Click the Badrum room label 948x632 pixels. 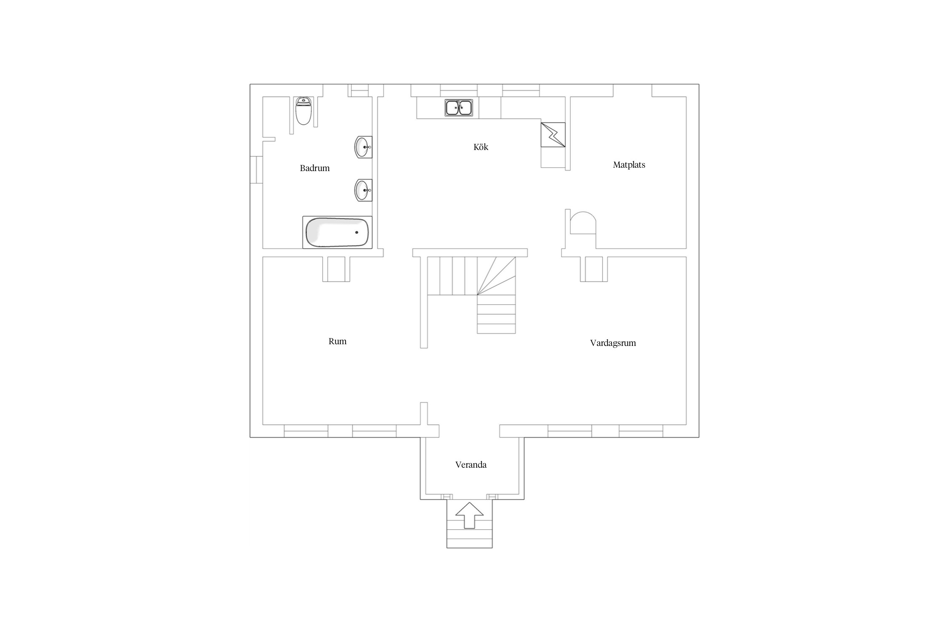[315, 168]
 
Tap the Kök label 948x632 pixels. [481, 147]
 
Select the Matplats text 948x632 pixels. [629, 165]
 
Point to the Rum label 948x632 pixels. [337, 341]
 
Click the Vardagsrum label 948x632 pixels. [613, 343]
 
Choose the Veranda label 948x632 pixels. [471, 465]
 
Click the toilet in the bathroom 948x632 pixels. [303, 111]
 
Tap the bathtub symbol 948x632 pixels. [337, 232]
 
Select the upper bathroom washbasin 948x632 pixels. [363, 147]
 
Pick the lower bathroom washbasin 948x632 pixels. [363, 190]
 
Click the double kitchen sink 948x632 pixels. [459, 107]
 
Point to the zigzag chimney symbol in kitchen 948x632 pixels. [553, 135]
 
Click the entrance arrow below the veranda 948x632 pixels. [469, 515]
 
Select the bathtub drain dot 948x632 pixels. [356, 232]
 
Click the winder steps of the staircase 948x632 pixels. [496, 276]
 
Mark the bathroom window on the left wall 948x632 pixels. [256, 170]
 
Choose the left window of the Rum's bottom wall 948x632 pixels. [306, 431]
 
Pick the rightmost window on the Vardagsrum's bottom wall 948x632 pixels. [641, 431]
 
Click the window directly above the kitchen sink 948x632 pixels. [459, 91]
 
